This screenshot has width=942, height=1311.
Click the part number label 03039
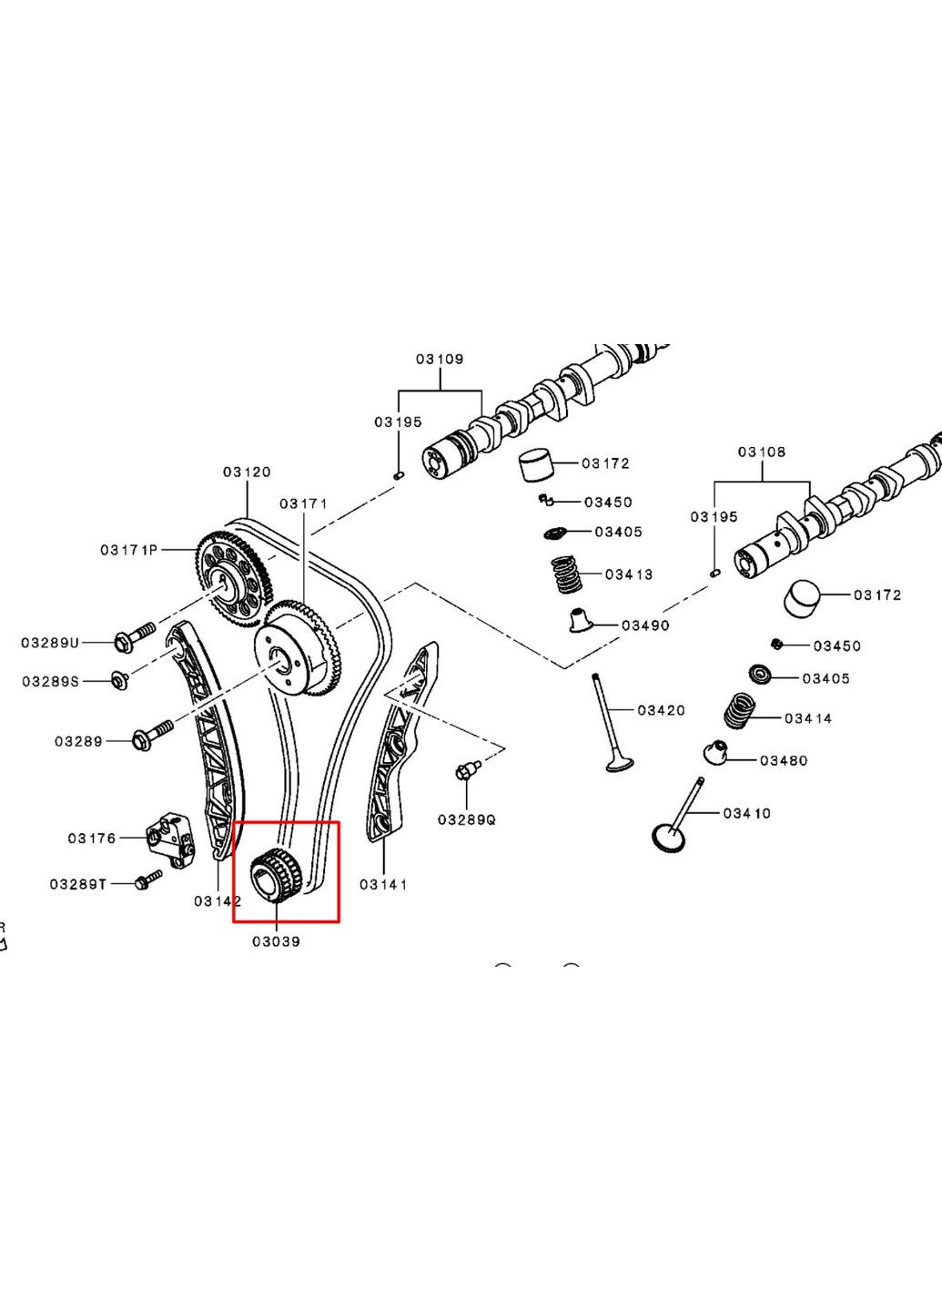tap(276, 941)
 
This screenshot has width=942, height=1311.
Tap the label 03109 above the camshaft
tap(440, 359)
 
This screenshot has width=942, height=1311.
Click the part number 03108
tap(762, 452)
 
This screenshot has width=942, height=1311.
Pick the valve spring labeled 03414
tap(741, 710)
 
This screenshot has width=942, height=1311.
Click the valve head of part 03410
tap(673, 838)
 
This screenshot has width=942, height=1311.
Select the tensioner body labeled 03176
tap(170, 840)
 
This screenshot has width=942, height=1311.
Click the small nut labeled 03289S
tap(118, 679)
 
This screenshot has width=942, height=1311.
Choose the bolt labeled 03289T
tap(147, 879)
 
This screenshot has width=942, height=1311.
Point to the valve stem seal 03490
tap(580, 620)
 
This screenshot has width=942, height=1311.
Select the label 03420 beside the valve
tap(661, 710)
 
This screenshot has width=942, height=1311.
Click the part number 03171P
tap(128, 550)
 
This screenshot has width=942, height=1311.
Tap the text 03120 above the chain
tap(247, 472)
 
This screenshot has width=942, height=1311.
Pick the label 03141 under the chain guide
tap(383, 884)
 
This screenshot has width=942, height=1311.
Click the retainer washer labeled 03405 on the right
tap(760, 675)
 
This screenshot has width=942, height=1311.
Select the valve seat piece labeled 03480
tap(716, 753)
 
